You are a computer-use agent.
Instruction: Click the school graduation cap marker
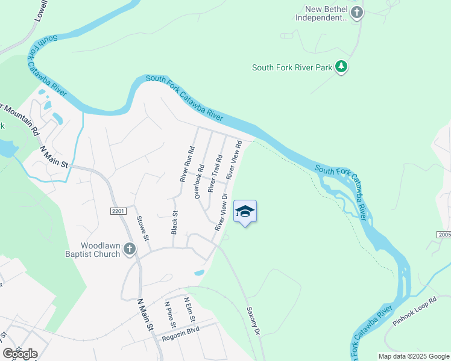tap(245, 211)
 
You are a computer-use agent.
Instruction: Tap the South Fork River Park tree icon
tap(342, 66)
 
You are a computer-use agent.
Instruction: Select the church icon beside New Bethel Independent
tap(357, 13)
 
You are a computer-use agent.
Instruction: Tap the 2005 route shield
tap(444, 234)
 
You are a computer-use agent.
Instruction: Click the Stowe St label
tap(142, 228)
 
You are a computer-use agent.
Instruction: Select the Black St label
tap(174, 222)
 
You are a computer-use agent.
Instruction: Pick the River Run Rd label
tap(187, 164)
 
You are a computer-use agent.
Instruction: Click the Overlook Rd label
tap(199, 179)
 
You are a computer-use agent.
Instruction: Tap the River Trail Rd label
tap(215, 173)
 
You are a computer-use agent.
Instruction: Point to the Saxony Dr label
tap(253, 321)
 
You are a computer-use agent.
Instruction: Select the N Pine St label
tap(171, 315)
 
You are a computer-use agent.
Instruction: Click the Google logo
tap(20, 353)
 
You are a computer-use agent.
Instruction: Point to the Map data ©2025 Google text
tap(413, 356)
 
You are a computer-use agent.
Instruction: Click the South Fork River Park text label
tap(292, 67)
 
